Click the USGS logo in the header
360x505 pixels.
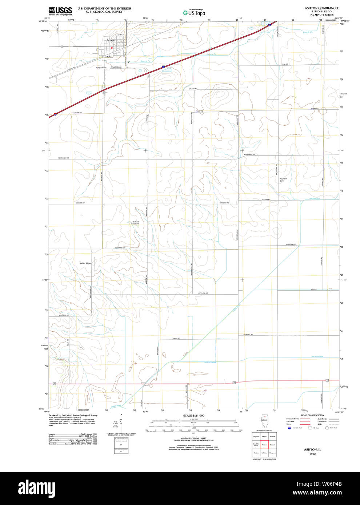[60, 11]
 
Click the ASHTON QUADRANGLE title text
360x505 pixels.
[321, 8]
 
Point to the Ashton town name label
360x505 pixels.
[111, 41]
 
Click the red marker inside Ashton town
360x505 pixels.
[112, 48]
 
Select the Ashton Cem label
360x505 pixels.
[101, 68]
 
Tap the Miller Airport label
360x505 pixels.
[86, 263]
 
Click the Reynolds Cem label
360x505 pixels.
[283, 179]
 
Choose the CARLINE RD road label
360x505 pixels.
[77, 113]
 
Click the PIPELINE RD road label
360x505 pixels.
[203, 293]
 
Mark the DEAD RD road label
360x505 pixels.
[176, 339]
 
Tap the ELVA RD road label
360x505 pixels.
[284, 64]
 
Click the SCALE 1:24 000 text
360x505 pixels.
[193, 416]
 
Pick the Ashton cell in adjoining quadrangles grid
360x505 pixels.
[264, 444]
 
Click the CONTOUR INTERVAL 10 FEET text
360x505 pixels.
[193, 439]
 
